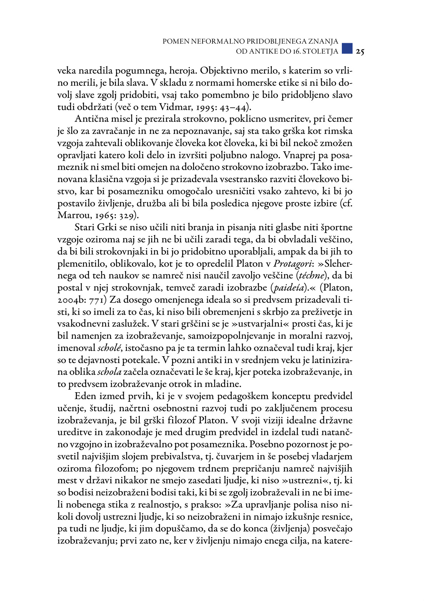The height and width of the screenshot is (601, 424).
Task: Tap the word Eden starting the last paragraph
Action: click(x=86, y=396)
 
